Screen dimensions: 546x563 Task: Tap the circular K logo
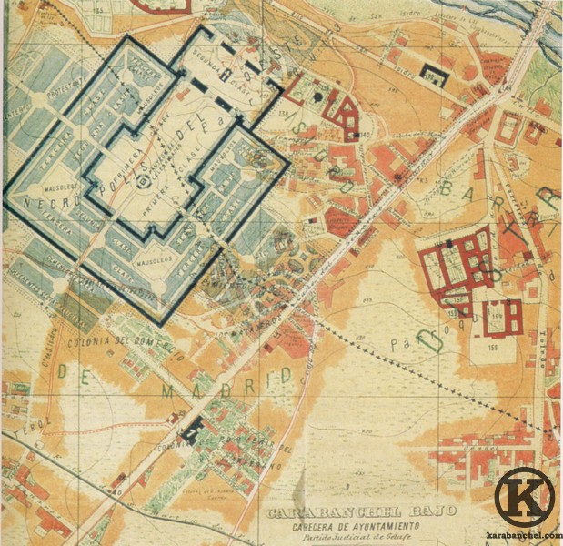coord(525,497)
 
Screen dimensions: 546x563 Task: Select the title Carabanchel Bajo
coord(360,512)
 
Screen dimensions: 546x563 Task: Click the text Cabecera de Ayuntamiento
coord(360,526)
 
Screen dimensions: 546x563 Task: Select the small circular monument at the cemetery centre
coord(144,183)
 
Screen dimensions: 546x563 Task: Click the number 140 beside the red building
coord(365,136)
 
